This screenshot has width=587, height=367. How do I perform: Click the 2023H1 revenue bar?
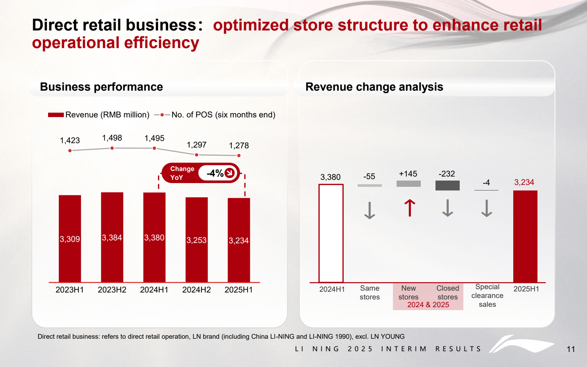pyautogui.click(x=70, y=239)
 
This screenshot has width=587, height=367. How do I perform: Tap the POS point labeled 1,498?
pyautogui.click(x=112, y=148)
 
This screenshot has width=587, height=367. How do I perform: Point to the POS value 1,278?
pyautogui.click(x=239, y=146)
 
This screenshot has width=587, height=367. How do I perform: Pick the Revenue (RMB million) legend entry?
pyautogui.click(x=98, y=115)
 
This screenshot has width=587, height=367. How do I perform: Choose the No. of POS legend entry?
pyautogui.click(x=215, y=115)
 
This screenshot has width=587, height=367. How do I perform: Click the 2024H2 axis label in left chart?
pyautogui.click(x=196, y=290)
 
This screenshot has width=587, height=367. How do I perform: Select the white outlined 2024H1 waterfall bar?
pyautogui.click(x=331, y=233)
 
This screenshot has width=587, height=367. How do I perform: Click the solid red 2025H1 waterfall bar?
pyautogui.click(x=525, y=236)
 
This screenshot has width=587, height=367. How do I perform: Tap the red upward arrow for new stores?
pyautogui.click(x=409, y=208)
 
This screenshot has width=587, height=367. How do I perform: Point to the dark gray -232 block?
pyautogui.click(x=447, y=185)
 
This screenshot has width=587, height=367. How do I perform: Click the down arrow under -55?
pyautogui.click(x=369, y=210)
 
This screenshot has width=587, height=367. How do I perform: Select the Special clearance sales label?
pyautogui.click(x=487, y=295)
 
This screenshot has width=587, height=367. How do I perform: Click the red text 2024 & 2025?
pyautogui.click(x=428, y=305)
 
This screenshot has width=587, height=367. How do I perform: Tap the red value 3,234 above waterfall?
pyautogui.click(x=524, y=182)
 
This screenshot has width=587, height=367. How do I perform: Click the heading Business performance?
pyautogui.click(x=101, y=87)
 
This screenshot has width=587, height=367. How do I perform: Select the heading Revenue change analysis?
pyautogui.click(x=374, y=87)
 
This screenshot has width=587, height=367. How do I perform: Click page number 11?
pyautogui.click(x=570, y=349)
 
